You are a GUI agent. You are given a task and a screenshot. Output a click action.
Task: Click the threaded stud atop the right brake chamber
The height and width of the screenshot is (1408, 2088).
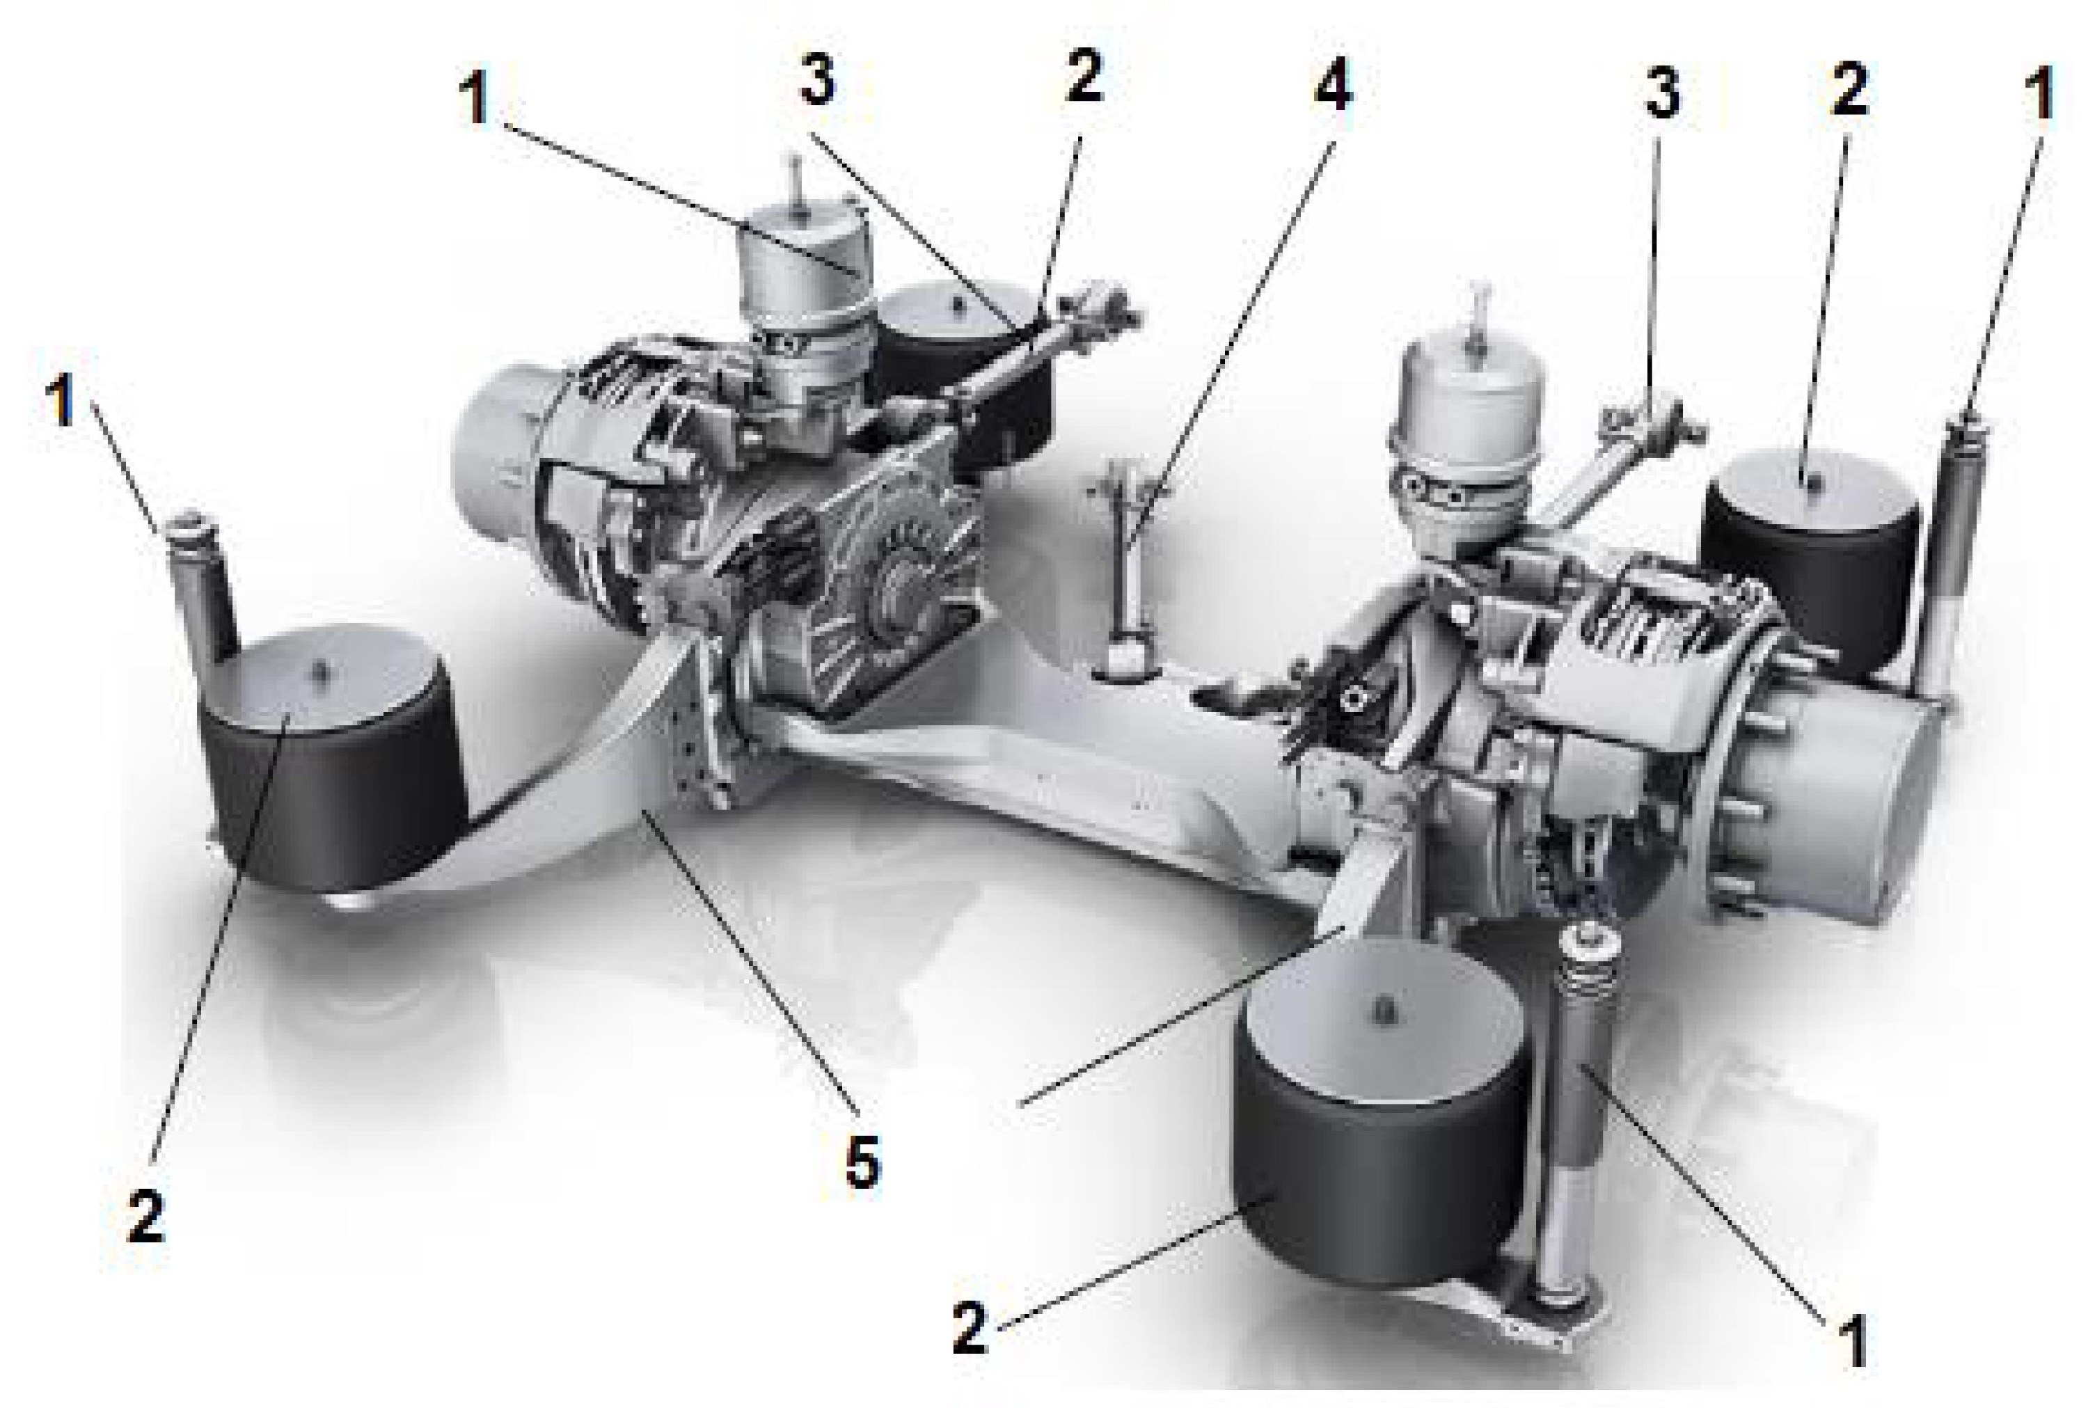coord(1478,310)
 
